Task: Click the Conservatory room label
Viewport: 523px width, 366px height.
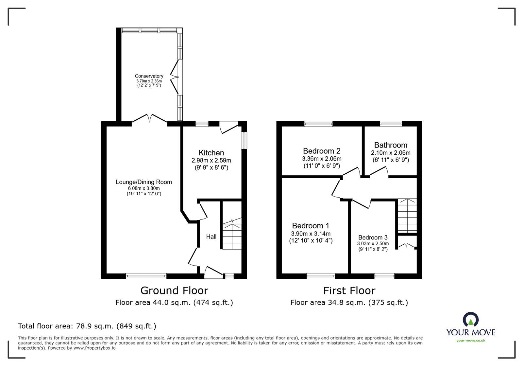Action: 149,76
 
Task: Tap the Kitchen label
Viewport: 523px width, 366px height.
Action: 211,153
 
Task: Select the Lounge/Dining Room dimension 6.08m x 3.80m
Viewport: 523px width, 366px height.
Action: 144,188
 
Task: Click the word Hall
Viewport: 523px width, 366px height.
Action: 211,236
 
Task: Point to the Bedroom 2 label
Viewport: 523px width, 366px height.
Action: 322,151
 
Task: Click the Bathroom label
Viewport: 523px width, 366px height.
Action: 391,145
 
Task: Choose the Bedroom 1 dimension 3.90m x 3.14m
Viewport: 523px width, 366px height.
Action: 311,234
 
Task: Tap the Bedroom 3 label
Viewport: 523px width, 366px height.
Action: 373,237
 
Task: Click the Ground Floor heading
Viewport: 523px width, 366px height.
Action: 174,291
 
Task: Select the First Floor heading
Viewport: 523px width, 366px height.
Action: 349,291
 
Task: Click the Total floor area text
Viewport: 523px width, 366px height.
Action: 87,326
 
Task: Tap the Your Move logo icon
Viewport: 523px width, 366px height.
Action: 471,319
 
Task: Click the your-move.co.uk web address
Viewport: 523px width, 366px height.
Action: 471,340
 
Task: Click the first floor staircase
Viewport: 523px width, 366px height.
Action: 407,215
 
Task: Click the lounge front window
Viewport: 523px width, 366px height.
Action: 146,276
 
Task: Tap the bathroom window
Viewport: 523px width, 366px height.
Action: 391,124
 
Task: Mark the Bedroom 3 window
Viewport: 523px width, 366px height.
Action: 384,276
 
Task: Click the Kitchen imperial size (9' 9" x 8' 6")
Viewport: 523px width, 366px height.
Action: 211,167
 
